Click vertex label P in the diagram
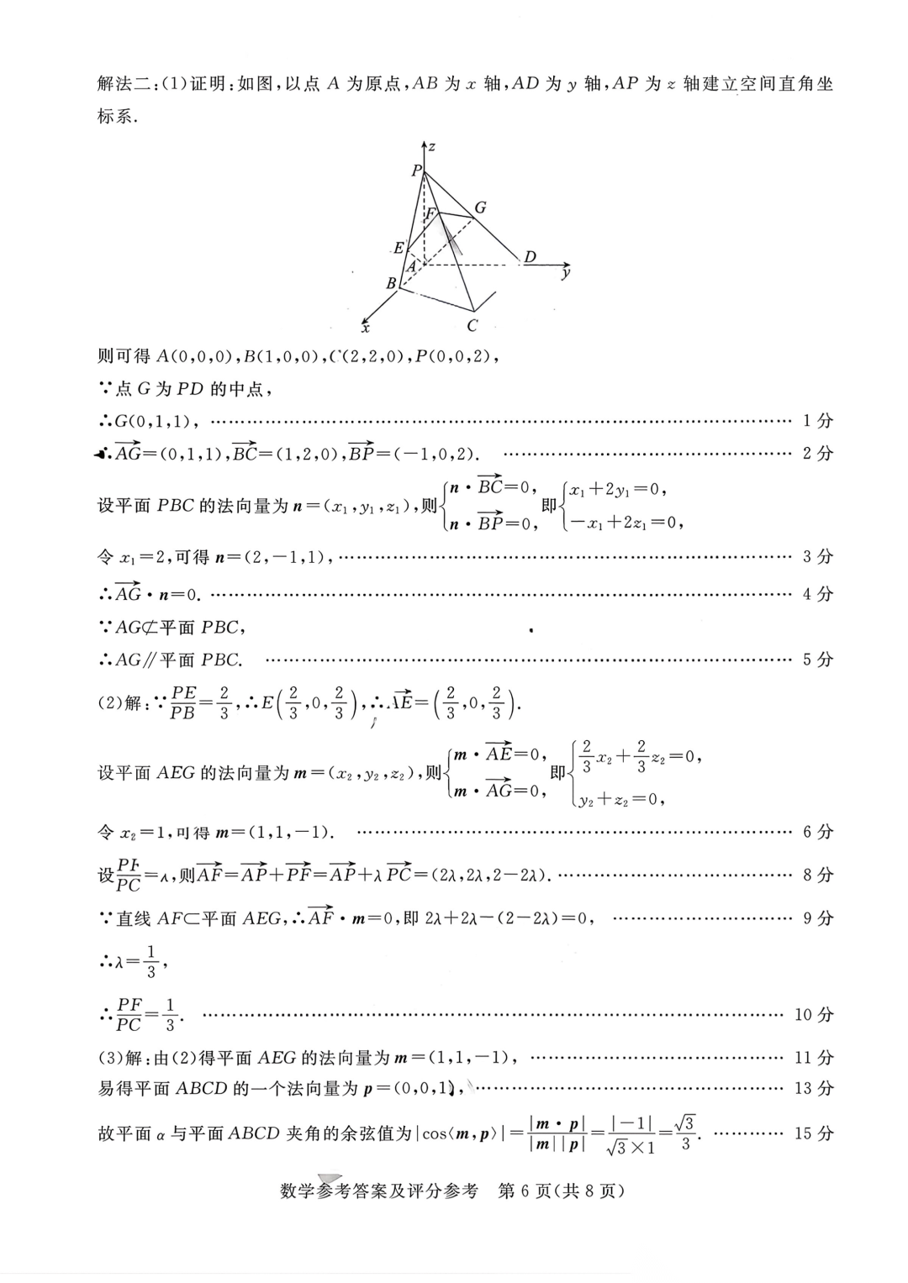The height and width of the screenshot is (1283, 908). (x=416, y=171)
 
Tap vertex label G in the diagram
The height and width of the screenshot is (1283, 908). (x=480, y=207)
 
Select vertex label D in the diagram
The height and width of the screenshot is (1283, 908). (x=530, y=257)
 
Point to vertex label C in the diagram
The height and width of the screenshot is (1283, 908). (x=472, y=325)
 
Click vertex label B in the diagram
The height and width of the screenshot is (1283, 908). (x=391, y=284)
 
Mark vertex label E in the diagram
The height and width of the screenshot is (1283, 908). (x=399, y=248)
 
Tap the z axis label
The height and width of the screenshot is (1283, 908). (x=431, y=147)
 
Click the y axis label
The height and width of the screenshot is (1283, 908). (x=567, y=273)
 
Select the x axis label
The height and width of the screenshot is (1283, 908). (x=366, y=328)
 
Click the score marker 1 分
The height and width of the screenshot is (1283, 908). (x=817, y=420)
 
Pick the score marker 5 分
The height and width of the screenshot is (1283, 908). (x=817, y=660)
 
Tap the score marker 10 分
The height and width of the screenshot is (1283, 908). (x=813, y=1014)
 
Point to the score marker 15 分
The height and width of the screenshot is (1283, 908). (x=813, y=1133)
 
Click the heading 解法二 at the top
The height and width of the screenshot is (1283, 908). (x=124, y=83)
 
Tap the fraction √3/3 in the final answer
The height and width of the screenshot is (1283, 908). (x=685, y=1133)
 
